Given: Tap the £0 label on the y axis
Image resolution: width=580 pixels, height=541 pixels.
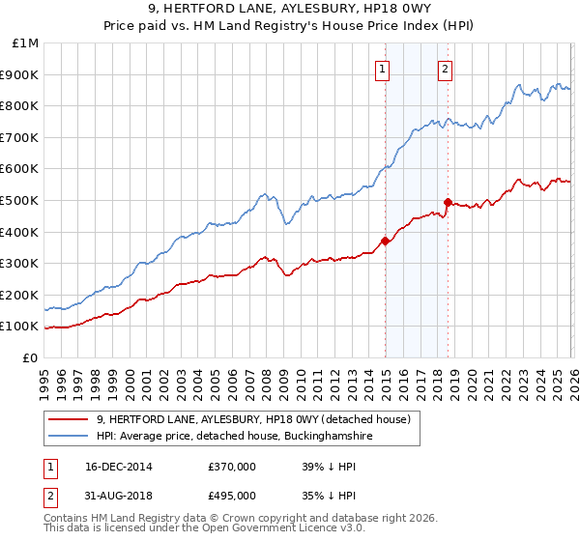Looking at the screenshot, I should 31,357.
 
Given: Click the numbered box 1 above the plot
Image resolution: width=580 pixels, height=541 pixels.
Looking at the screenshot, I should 384,69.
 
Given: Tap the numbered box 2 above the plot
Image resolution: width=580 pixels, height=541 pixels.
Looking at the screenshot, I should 445,69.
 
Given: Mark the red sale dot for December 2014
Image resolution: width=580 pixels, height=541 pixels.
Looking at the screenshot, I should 385,241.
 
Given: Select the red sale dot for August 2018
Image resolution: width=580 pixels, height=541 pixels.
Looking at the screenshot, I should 448,202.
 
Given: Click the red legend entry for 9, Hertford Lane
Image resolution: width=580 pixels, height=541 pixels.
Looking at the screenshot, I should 254,418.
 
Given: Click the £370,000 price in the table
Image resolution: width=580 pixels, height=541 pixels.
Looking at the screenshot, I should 231,467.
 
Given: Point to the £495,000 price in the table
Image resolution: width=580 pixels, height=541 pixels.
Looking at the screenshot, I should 231,496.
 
